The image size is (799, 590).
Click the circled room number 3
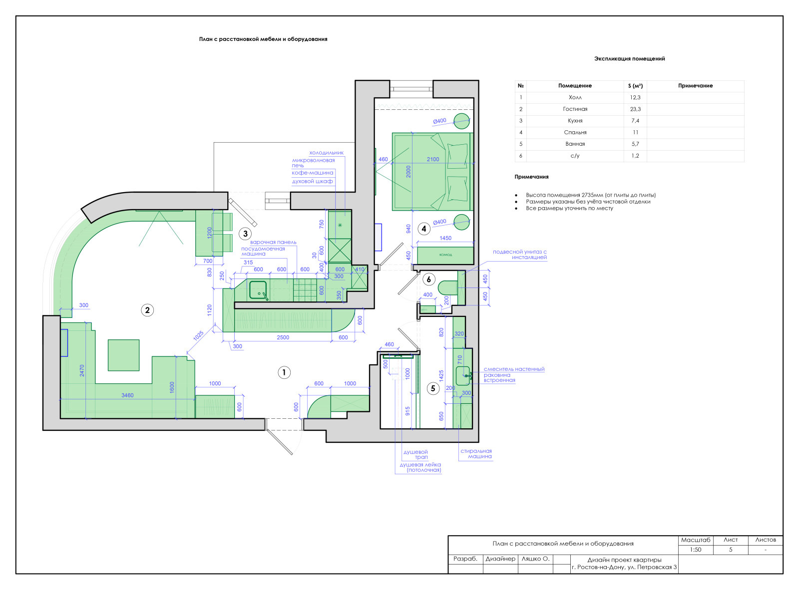point(245,234)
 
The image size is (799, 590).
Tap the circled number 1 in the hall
point(284,372)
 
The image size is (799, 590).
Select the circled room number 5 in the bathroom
point(432,388)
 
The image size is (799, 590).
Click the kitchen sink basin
point(258,291)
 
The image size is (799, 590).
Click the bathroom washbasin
point(463,376)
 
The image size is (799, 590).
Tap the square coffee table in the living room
point(123,355)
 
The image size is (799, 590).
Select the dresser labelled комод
point(445,255)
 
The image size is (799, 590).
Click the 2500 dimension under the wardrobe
point(283,337)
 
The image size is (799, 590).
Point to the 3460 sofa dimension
point(127,395)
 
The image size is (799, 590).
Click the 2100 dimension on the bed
point(432,159)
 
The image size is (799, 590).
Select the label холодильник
point(327,153)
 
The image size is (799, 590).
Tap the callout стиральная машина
point(476,454)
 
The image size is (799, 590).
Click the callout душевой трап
point(415,455)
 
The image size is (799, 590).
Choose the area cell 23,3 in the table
point(635,109)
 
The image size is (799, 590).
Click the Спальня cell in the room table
point(575,133)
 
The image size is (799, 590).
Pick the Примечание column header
point(695,86)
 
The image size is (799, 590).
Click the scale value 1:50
point(695,550)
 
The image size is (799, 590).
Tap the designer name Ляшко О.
point(535,559)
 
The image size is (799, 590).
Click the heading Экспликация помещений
point(629,59)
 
